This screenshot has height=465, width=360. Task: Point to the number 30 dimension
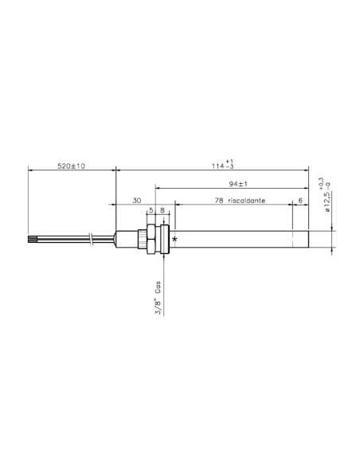[x=136, y=202]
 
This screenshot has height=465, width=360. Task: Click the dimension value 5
[x=150, y=211]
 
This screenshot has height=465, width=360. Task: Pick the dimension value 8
[x=163, y=211]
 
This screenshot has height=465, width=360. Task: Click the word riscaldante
[x=247, y=202]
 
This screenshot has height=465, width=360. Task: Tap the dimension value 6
[x=299, y=202]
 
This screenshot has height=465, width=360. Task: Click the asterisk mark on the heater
[x=174, y=239]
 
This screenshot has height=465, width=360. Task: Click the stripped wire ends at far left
[x=33, y=239]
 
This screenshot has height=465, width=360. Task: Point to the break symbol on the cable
[x=94, y=239]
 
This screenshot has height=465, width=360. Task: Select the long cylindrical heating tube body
[x=239, y=239]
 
